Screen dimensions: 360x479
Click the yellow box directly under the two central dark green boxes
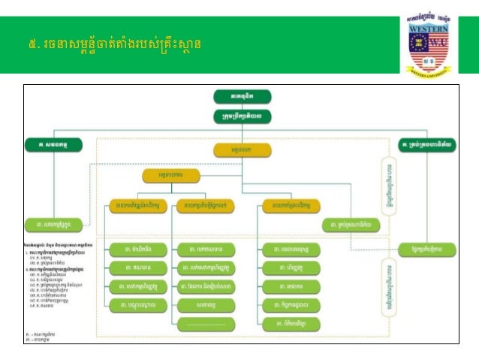click(240, 150)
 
